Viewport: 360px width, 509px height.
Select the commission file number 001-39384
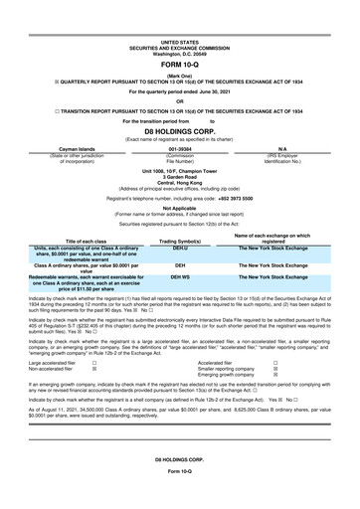180,149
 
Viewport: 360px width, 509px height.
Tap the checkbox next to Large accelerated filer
94,364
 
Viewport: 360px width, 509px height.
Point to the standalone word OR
180,89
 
